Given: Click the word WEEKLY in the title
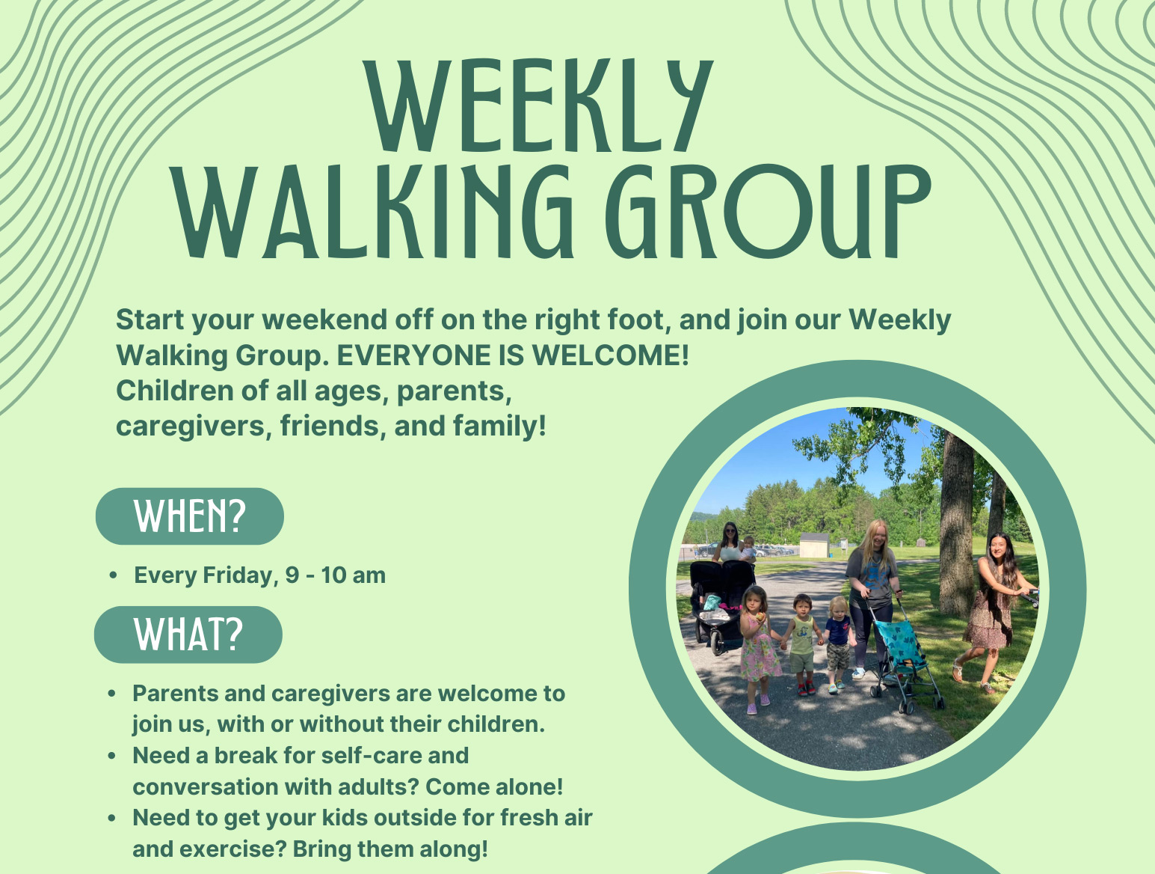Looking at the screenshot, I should tap(537, 106).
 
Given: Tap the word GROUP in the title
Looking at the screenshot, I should tap(767, 213).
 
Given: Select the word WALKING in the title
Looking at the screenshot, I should tap(374, 213).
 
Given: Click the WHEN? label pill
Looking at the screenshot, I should tap(190, 516).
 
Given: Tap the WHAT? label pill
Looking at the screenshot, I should tap(188, 635).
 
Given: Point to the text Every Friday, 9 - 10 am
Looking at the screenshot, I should tap(259, 575).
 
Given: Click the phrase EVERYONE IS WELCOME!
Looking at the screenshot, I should tap(513, 355).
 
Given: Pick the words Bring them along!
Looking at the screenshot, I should tap(390, 849).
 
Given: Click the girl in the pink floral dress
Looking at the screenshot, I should tap(757, 647).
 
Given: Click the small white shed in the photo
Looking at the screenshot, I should tap(813, 545).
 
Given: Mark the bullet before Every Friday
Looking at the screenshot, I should tap(113, 576).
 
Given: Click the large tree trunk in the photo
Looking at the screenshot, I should tap(955, 524).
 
